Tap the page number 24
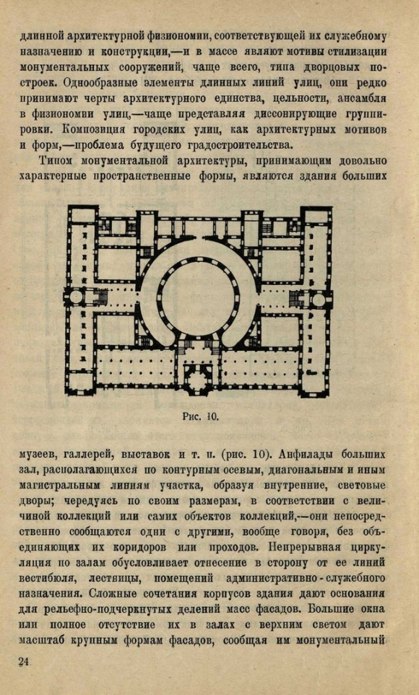pos(24,661)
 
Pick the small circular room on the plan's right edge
pos(319,299)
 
